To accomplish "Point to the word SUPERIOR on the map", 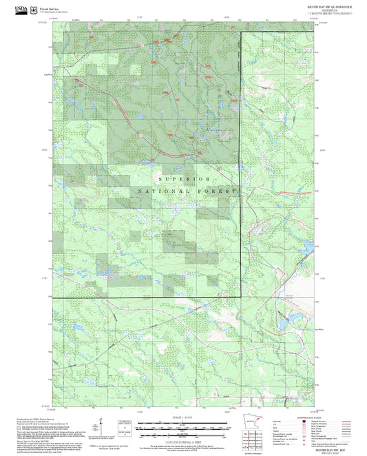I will [x=183, y=178].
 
